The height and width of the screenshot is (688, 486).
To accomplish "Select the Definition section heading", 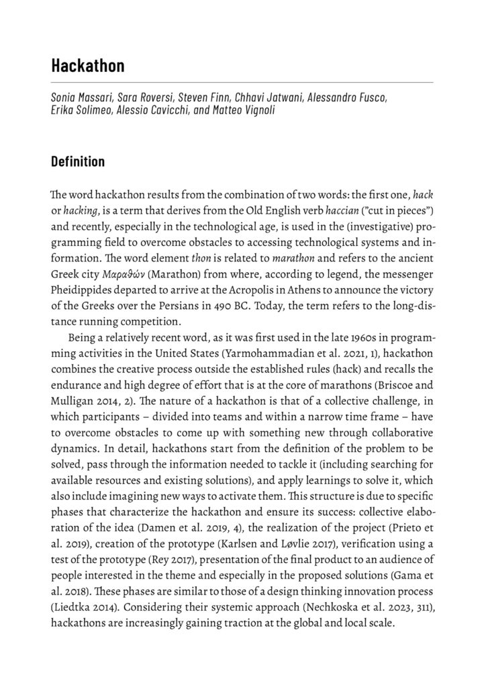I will [78, 162].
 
